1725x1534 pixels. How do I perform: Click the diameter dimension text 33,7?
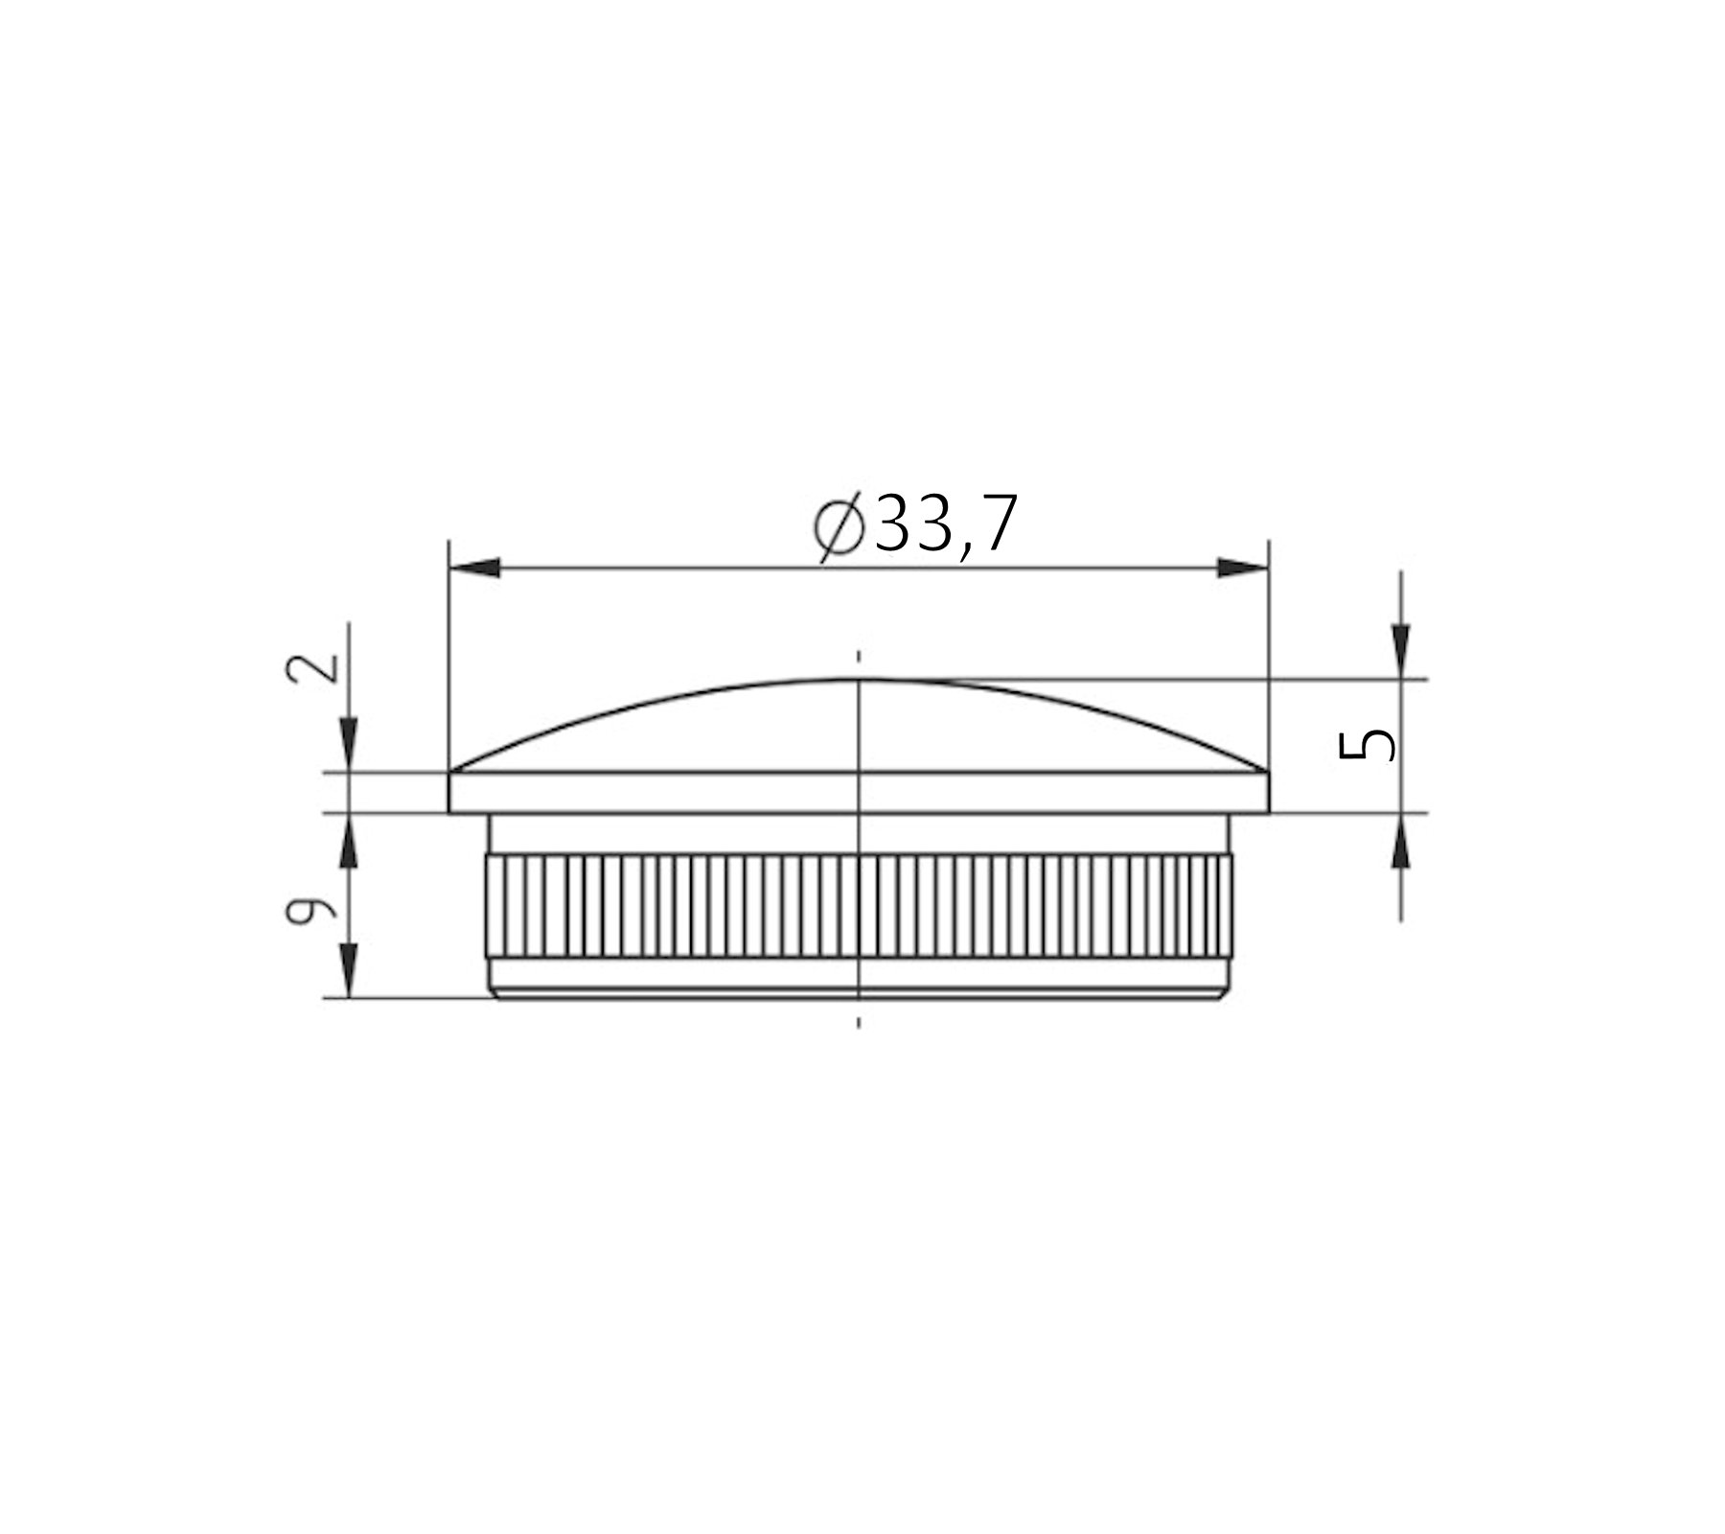(x=944, y=525)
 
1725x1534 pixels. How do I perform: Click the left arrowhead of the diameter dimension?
(x=475, y=569)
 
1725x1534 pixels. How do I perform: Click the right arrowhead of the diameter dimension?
(x=1242, y=569)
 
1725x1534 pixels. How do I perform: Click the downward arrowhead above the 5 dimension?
(x=1401, y=648)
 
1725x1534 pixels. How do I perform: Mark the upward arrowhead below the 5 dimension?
(x=1401, y=844)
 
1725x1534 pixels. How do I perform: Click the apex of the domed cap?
(x=859, y=680)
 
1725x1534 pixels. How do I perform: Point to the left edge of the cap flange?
(x=450, y=792)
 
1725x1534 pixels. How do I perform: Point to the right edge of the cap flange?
(x=1268, y=792)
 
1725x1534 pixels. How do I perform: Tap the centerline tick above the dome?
(x=859, y=657)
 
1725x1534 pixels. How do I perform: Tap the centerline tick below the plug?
(x=859, y=1022)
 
